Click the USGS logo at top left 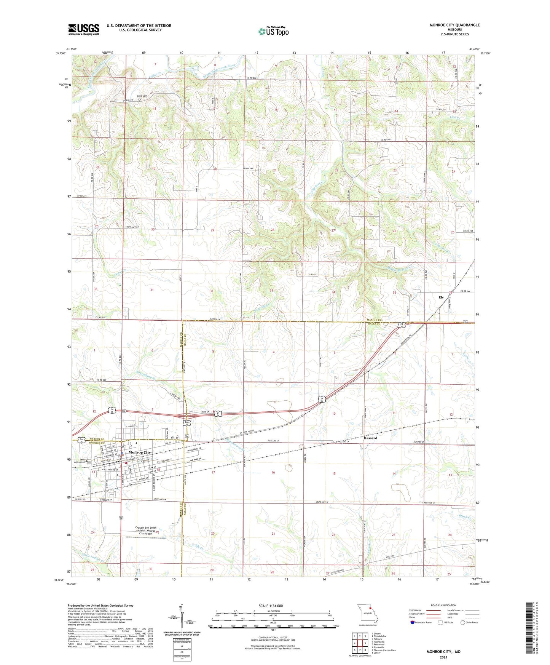[83, 29]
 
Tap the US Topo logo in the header [273, 31]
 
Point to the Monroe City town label [140, 452]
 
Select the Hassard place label [370, 438]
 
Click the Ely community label [441, 297]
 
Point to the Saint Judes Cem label [84, 460]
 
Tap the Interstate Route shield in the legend [413, 622]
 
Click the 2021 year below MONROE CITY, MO [443, 657]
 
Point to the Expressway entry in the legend [415, 610]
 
